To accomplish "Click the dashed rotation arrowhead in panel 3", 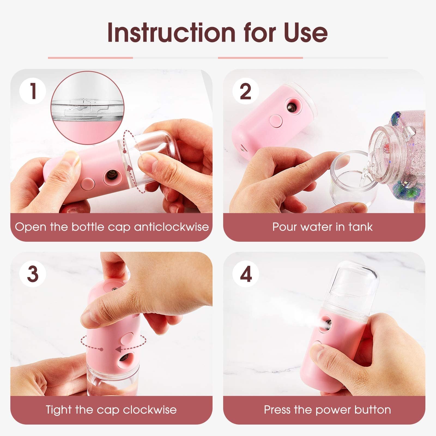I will point(118,349).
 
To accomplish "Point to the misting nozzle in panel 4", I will point(326,325).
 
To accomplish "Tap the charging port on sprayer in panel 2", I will point(242,149).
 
